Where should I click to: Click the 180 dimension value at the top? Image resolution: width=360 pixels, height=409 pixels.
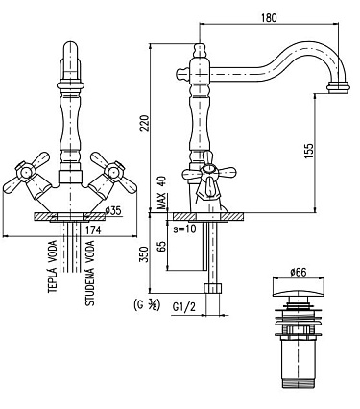[269, 17]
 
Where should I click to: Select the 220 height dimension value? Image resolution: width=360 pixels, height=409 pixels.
[144, 123]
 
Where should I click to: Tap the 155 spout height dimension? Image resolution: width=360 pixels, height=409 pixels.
[308, 151]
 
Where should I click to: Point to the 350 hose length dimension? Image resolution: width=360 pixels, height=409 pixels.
[145, 254]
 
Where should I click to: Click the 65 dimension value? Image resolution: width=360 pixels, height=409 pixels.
[162, 246]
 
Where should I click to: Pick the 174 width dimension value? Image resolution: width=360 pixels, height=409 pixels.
[93, 229]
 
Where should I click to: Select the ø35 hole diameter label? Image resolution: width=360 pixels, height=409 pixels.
[113, 210]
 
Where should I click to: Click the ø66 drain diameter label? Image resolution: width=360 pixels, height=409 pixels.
[299, 273]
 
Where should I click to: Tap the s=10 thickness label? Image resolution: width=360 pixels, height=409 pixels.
[184, 229]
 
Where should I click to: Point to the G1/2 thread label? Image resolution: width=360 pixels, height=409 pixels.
[183, 307]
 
